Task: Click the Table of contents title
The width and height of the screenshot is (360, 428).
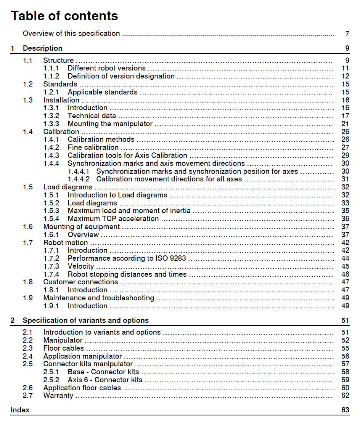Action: point(64,16)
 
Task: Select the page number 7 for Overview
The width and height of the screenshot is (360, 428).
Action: point(347,34)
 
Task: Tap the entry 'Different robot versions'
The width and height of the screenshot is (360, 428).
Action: point(106,68)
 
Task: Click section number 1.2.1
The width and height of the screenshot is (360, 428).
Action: point(51,92)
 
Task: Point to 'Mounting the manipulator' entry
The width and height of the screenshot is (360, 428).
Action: point(110,124)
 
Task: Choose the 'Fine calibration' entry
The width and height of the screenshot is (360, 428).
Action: point(93,147)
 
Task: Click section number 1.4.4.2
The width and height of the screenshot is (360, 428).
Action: point(79,179)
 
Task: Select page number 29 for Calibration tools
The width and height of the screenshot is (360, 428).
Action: point(345,155)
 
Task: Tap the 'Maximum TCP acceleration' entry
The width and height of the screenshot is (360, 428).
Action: point(113,219)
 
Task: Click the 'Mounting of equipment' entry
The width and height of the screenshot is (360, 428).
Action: point(81,227)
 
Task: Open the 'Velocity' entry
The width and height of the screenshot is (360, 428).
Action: point(80,266)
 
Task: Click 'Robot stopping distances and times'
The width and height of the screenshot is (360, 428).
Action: point(127,274)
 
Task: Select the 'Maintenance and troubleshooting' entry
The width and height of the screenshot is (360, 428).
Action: point(98,298)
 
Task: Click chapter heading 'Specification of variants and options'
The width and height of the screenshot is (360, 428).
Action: point(85,321)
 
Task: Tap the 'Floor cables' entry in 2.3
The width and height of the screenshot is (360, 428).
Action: point(63,348)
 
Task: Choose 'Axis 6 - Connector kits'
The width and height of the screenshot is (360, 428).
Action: point(105,380)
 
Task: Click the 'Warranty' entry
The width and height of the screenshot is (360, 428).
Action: point(58,396)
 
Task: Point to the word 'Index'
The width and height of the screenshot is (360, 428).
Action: point(20,410)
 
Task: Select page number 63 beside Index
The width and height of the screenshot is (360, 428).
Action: point(345,410)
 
